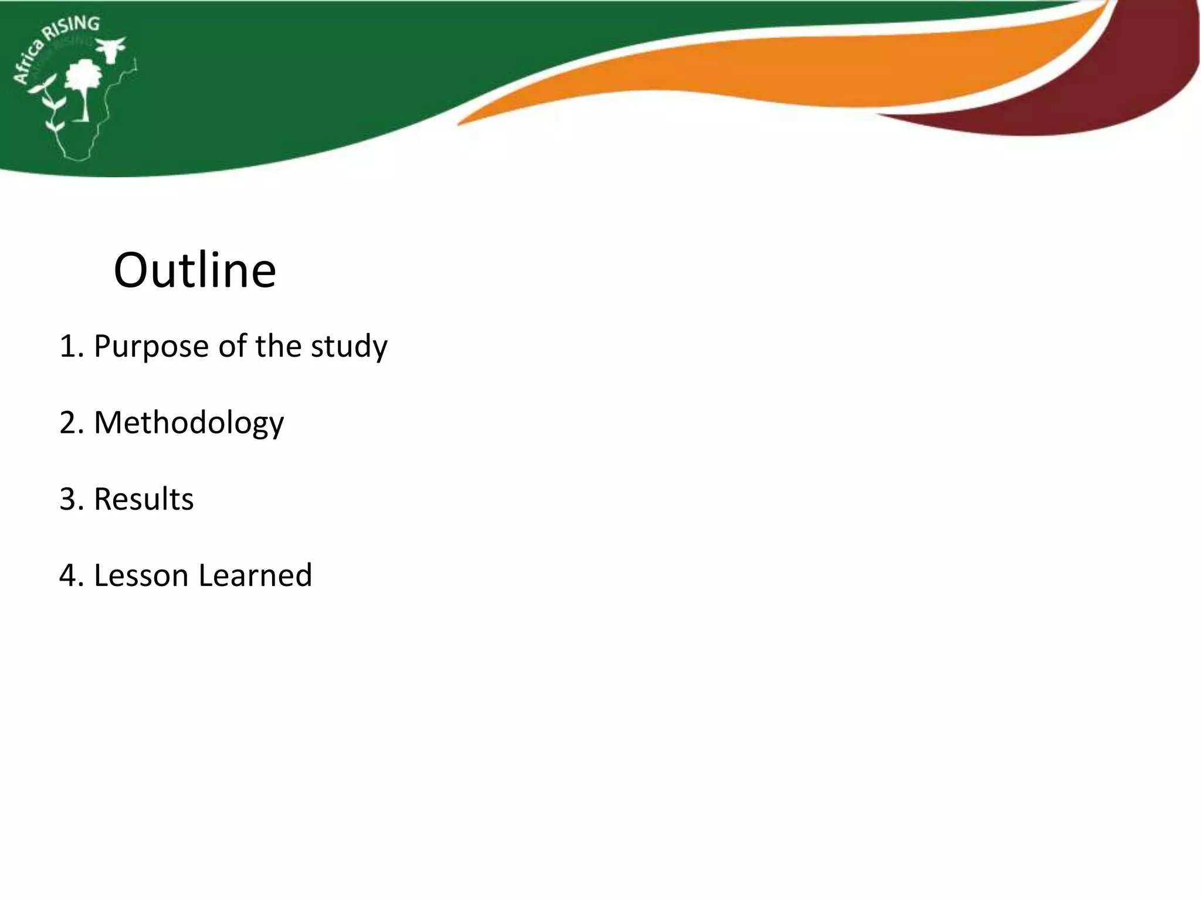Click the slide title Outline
click(195, 270)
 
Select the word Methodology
click(189, 423)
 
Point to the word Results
click(144, 499)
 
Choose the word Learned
click(255, 575)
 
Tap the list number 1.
click(69, 347)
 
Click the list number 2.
click(69, 423)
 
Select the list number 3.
click(69, 499)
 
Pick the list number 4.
click(69, 575)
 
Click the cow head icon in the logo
click(111, 48)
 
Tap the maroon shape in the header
click(1114, 100)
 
